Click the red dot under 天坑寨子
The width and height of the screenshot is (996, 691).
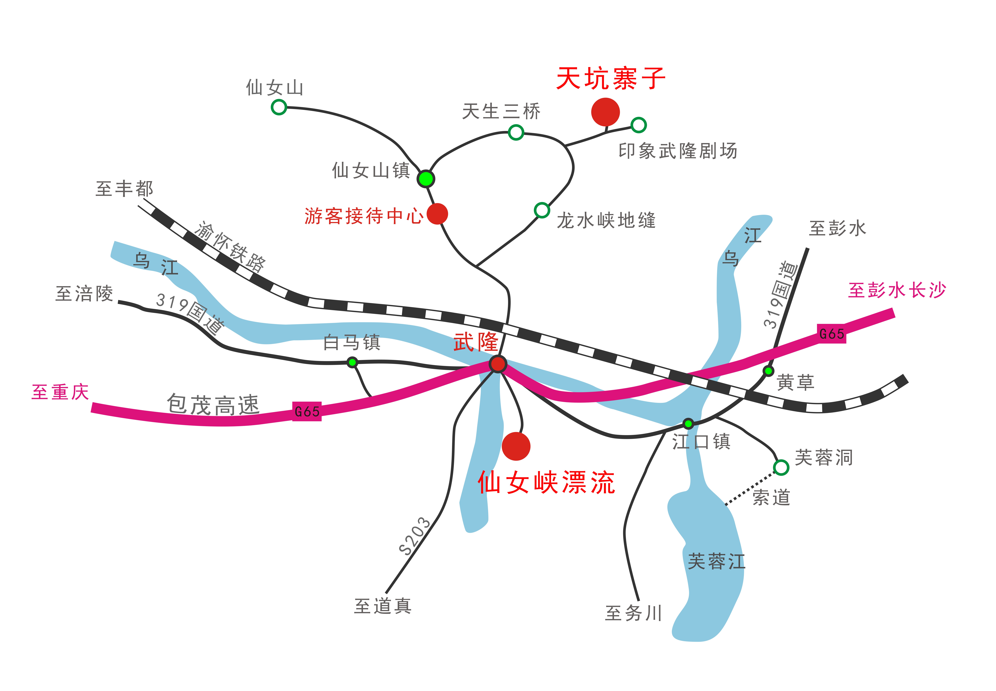pos(605,112)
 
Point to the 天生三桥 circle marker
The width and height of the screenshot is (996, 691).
pos(516,132)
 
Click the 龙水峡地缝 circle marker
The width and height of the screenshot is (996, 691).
pos(542,210)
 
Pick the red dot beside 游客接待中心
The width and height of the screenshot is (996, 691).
pos(437,213)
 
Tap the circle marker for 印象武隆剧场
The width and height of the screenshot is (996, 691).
pos(639,125)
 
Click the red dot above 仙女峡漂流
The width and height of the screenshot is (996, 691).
pos(516,446)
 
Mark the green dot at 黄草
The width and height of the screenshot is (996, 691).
pos(768,371)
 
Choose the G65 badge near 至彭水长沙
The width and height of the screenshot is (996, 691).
pos(832,333)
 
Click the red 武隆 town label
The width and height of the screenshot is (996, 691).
pos(476,342)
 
